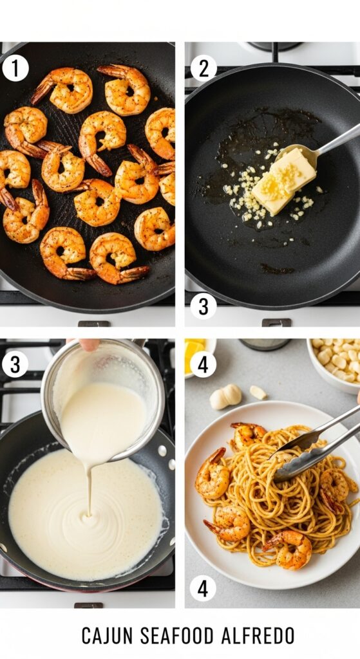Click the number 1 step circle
click(x=15, y=68)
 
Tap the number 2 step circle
click(x=204, y=68)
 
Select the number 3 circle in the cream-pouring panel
click(x=15, y=364)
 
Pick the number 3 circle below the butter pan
click(x=204, y=306)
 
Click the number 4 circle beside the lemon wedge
click(x=204, y=364)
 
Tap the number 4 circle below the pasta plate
click(x=204, y=588)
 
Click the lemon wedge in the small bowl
click(x=195, y=354)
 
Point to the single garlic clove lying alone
click(x=258, y=392)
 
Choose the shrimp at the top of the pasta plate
click(x=248, y=436)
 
